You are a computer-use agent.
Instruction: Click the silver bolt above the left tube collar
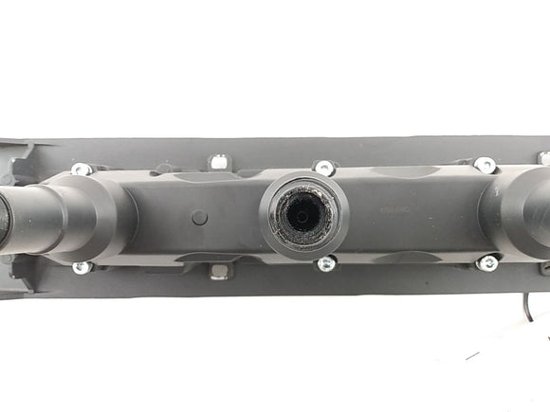(82, 170)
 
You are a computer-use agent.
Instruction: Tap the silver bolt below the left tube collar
(82, 267)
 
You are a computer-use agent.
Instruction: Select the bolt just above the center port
(324, 168)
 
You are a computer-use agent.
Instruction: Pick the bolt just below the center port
(326, 264)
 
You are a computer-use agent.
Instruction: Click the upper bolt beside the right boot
(486, 165)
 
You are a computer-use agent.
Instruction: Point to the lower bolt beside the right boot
(487, 262)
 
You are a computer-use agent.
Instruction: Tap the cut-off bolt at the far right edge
(544, 158)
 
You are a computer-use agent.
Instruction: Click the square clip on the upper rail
(218, 162)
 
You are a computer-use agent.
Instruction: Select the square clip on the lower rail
(219, 272)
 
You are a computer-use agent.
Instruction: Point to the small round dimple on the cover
(199, 218)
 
